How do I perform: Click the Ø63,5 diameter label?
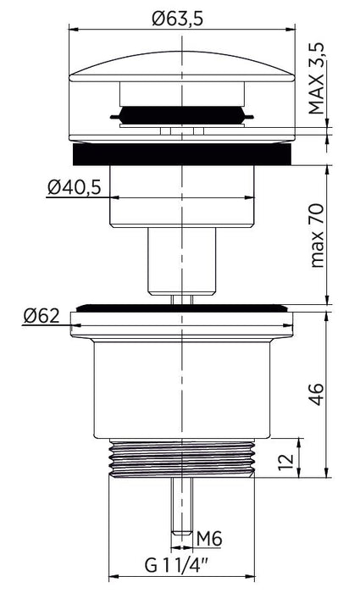point(177,18)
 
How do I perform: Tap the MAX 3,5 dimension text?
point(317,78)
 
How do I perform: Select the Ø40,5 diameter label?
point(75,187)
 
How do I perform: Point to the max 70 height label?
point(317,236)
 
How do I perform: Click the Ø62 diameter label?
point(42,316)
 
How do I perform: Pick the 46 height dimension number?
point(317,394)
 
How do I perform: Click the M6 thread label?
point(209,539)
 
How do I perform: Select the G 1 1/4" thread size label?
point(176,565)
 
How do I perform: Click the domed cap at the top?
point(182,67)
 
